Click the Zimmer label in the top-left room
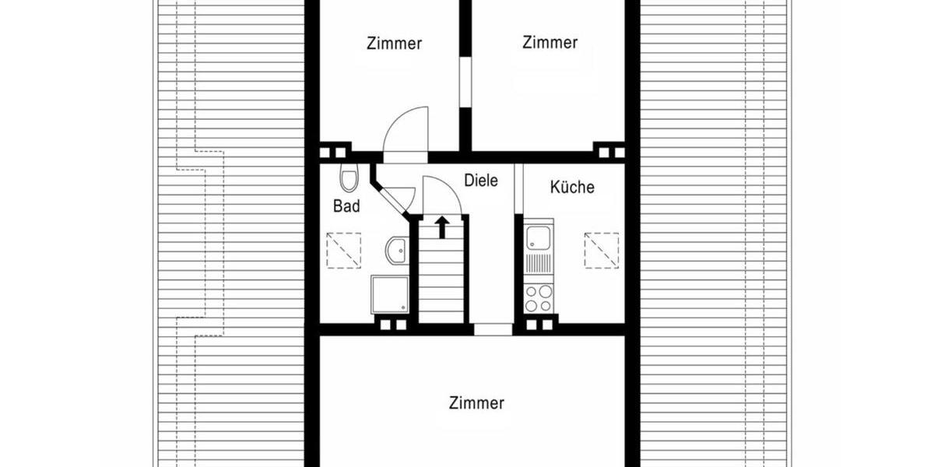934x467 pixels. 394,44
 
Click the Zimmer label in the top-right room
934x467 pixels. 550,42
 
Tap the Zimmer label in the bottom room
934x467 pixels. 476,403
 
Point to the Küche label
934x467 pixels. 572,187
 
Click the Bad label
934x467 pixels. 346,206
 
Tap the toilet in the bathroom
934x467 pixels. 348,178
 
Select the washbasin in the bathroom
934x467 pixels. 395,251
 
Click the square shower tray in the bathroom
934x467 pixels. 389,293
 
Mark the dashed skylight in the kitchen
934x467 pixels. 602,249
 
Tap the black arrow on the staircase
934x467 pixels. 442,226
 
